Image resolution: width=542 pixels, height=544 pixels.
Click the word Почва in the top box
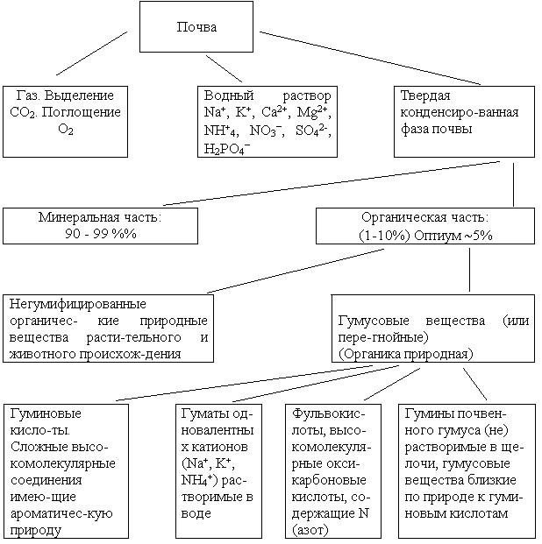[196, 27]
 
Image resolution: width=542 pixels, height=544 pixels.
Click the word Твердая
[425, 95]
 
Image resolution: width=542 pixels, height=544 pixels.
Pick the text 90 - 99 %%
[101, 234]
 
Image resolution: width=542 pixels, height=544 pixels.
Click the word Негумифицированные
[77, 304]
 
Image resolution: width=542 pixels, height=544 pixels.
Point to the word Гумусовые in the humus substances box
[374, 321]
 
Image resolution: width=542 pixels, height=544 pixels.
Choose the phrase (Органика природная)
[406, 354]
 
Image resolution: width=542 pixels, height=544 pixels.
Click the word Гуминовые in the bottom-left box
[46, 413]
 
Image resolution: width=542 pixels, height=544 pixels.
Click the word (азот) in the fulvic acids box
[310, 531]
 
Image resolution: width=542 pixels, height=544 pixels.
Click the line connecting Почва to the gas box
[92, 53]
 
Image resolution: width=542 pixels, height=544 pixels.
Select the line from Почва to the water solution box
[225, 68]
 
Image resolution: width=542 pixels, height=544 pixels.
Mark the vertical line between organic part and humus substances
[469, 270]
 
